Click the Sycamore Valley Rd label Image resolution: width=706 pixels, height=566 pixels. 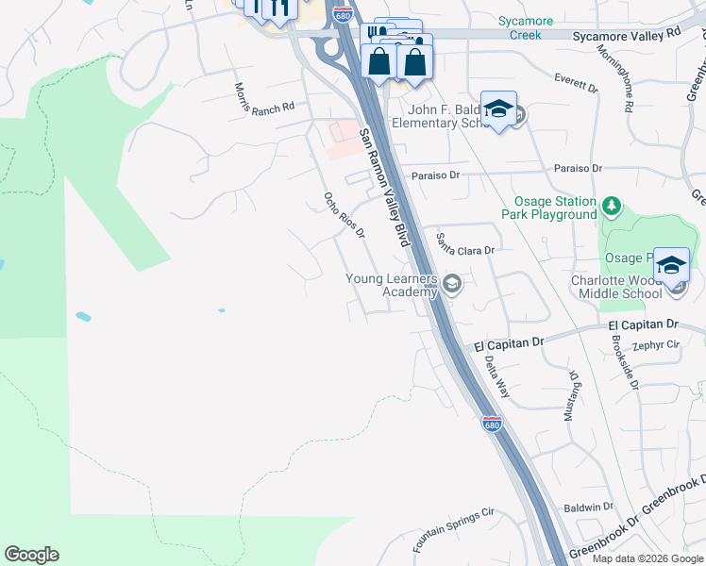click(x=627, y=32)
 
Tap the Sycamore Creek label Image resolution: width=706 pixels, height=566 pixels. click(x=518, y=28)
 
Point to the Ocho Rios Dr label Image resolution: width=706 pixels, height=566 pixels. click(x=344, y=215)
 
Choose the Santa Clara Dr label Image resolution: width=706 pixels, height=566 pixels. click(x=465, y=244)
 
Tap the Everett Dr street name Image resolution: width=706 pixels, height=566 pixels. click(x=577, y=78)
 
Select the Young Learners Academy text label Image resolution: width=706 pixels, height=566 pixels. click(x=392, y=285)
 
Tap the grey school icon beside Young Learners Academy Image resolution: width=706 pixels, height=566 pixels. click(x=452, y=283)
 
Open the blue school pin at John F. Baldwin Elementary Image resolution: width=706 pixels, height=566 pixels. click(x=498, y=110)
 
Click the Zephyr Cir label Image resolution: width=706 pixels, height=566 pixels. click(x=659, y=345)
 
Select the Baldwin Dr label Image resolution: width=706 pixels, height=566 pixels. click(x=588, y=508)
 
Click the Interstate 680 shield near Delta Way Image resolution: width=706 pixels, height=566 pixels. click(x=491, y=424)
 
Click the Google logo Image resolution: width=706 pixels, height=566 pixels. click(x=32, y=555)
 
